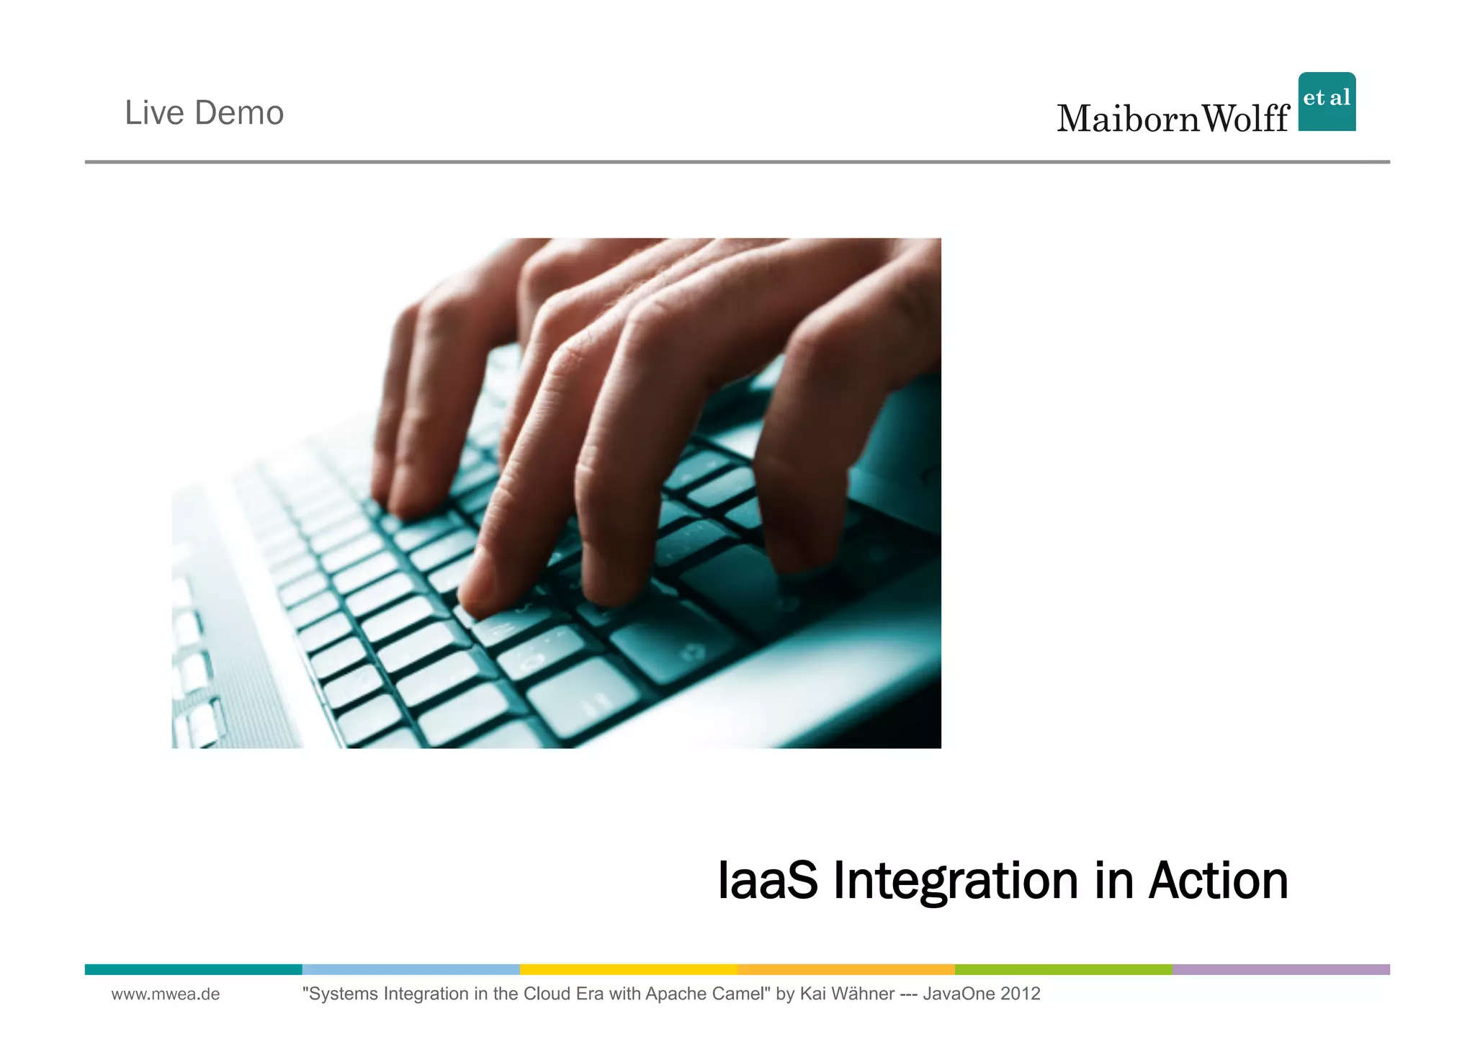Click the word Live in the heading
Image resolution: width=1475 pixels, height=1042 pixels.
153,113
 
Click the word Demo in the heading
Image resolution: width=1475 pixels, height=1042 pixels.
239,113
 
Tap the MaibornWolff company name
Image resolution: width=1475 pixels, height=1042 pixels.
1173,119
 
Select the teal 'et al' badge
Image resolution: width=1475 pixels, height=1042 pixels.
1327,101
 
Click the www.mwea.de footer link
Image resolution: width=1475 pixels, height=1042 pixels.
166,994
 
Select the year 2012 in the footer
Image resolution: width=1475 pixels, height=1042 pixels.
1021,994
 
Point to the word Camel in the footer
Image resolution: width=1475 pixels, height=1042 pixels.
741,994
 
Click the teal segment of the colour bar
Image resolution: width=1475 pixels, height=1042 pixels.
193,969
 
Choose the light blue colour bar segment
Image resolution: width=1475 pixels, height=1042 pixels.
411,969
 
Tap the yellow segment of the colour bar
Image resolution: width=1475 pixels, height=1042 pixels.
628,969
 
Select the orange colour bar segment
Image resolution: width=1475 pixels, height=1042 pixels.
846,969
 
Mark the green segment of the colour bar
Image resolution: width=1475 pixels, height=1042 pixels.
1063,969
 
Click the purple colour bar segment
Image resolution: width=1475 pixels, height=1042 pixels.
1281,969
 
